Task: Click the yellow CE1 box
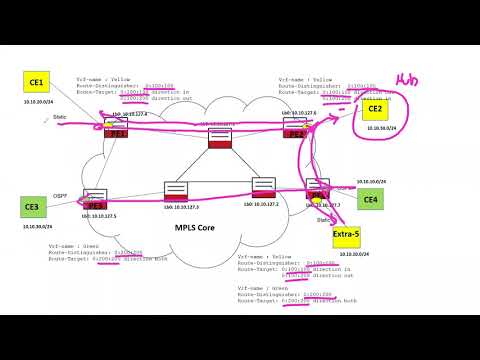coord(37,83)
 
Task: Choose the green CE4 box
coord(369,200)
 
